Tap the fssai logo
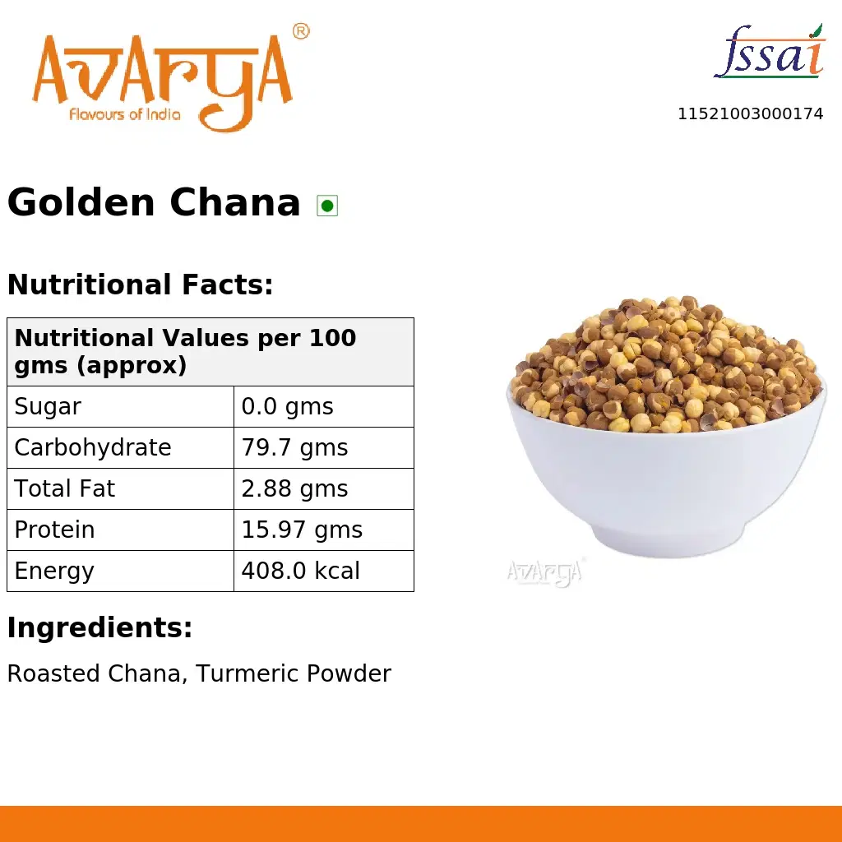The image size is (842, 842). coord(769,53)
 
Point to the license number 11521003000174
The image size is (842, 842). coord(750,114)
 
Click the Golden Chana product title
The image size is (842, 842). coord(154,202)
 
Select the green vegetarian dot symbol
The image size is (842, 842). coord(327,206)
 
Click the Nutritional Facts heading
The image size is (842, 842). coord(140,285)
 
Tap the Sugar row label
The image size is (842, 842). coord(48,407)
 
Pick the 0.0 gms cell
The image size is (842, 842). coord(287,407)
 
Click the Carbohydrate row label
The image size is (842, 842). coord(93,448)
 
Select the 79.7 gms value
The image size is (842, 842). coord(294,448)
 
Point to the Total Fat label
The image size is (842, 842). coord(65,489)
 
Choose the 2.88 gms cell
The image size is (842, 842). coord(294,489)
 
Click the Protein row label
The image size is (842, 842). coord(54,530)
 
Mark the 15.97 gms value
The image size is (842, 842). coord(302,530)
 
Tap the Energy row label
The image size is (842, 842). coord(54,571)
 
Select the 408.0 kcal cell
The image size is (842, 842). coord(300,571)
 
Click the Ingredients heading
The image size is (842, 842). coord(99,628)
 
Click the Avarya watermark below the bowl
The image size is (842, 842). coord(544,572)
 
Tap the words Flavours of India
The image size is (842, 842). coord(124,114)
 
